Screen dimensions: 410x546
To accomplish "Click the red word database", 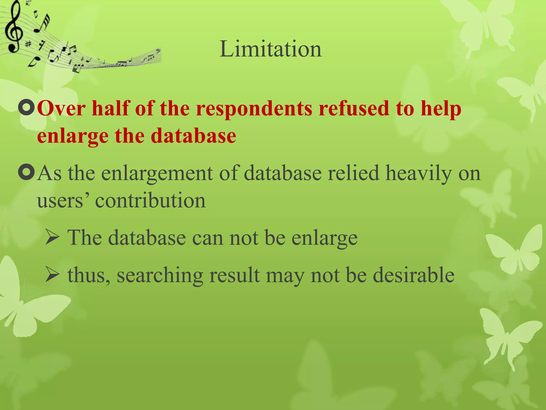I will click(x=193, y=136).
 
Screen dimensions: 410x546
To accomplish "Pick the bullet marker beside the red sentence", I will click(x=26, y=108).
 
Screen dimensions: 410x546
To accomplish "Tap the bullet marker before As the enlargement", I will click(x=26, y=172).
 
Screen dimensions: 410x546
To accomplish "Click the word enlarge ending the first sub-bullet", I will click(x=324, y=238).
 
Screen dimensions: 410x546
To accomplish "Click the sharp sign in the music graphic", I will click(x=28, y=44).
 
